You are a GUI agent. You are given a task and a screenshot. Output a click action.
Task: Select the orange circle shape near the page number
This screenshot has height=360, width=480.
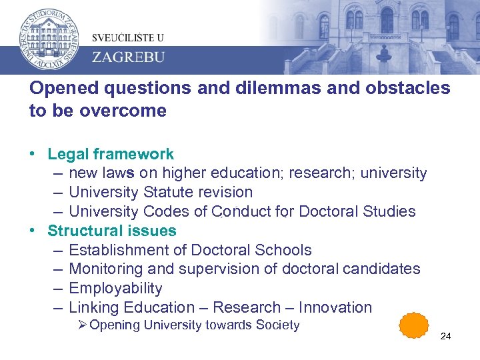coord(413,327)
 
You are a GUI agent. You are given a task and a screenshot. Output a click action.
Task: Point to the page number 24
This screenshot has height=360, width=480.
coord(445,336)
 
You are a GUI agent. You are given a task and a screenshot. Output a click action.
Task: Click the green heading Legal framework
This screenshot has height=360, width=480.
coord(111,154)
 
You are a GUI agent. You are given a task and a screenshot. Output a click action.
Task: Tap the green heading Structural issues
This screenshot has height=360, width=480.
coord(112,231)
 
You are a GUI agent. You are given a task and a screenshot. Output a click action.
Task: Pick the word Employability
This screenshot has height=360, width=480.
coord(115,288)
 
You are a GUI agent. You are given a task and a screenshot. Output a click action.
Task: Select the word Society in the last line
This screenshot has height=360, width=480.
coord(278,325)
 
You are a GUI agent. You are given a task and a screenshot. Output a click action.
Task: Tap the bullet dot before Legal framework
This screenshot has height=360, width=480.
coord(32,154)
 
